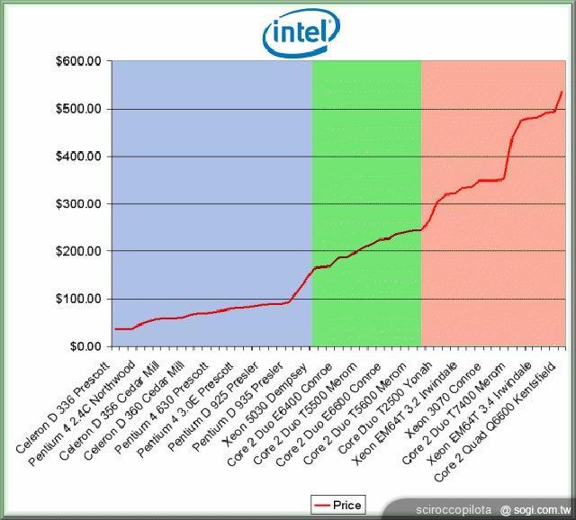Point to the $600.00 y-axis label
(x=81, y=62)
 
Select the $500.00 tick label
(x=81, y=110)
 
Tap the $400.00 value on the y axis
(x=81, y=157)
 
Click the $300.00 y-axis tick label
(x=81, y=204)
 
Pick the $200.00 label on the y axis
(x=81, y=252)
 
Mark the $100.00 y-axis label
(x=81, y=299)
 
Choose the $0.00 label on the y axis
(x=86, y=346)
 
